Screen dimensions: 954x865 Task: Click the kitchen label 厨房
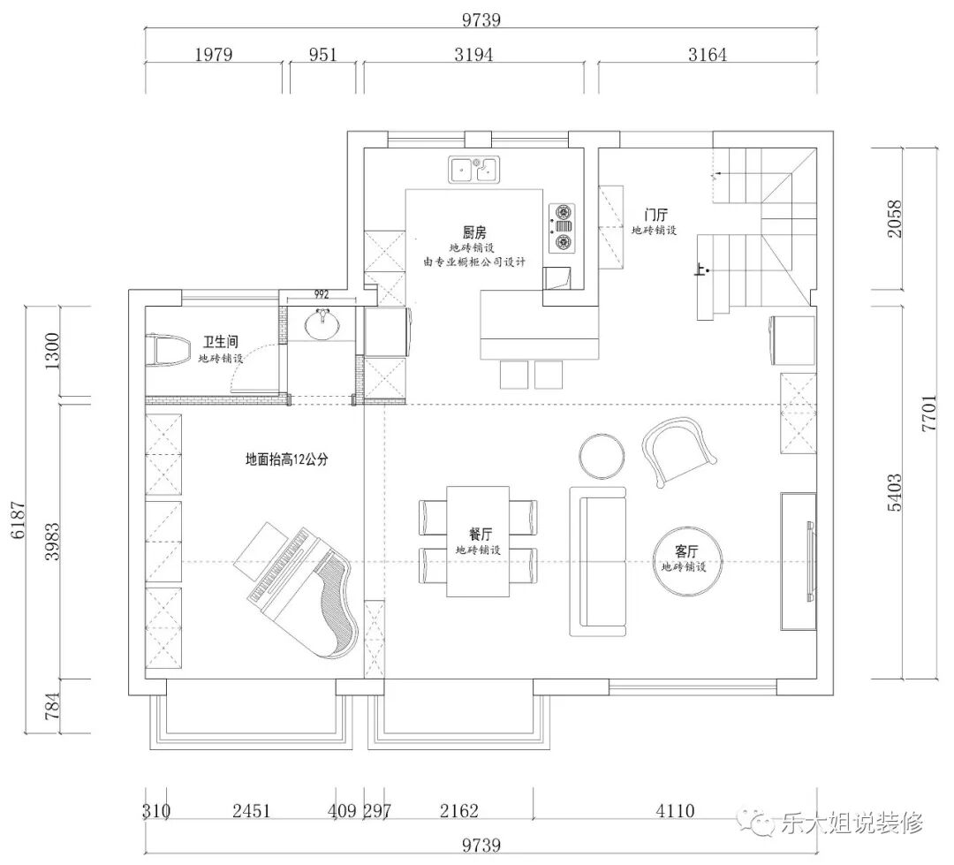(474, 232)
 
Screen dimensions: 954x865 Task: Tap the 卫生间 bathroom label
(220, 342)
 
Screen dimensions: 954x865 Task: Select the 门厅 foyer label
(655, 215)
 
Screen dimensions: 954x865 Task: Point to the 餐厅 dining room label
(480, 535)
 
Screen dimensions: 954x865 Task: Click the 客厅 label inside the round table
(686, 551)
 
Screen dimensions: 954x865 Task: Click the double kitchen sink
(474, 170)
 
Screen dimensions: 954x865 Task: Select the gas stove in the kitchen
(562, 228)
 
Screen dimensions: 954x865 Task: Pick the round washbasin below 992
(322, 324)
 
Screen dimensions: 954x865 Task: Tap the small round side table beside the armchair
(602, 456)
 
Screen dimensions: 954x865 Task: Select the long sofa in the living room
(598, 561)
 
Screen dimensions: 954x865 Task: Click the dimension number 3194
(473, 55)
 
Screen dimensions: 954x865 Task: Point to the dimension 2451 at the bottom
(251, 811)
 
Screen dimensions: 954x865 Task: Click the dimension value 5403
(894, 493)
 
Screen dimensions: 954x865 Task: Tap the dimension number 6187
(19, 520)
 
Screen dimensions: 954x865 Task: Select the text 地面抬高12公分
(286, 459)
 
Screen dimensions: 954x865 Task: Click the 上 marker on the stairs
(700, 269)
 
